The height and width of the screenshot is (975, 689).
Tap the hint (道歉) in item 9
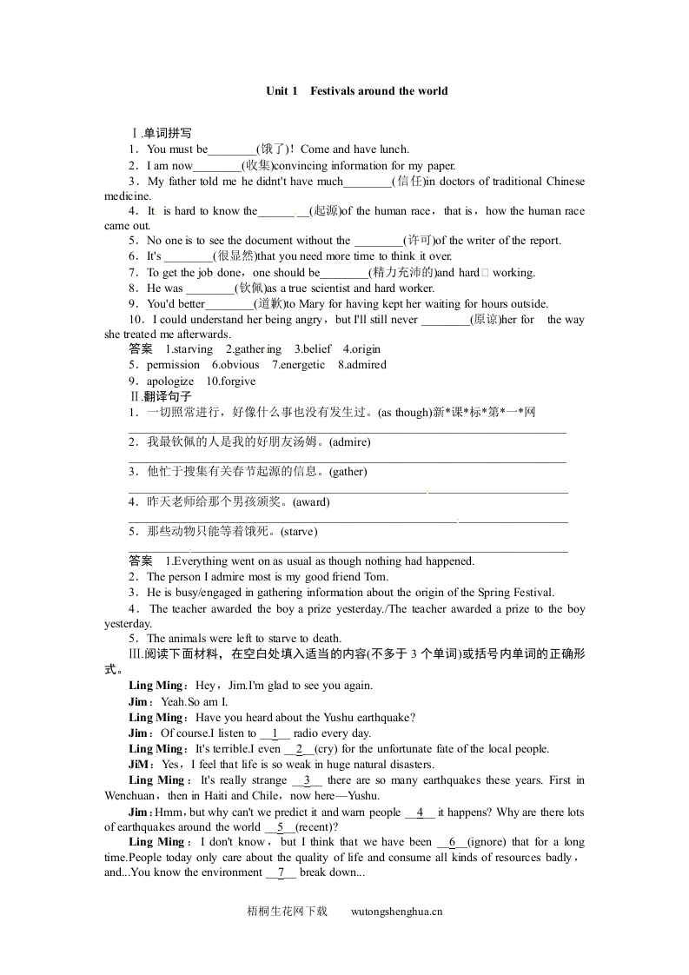tap(269, 304)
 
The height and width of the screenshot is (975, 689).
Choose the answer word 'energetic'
tap(299, 365)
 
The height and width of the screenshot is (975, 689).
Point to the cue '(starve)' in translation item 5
tap(298, 532)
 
